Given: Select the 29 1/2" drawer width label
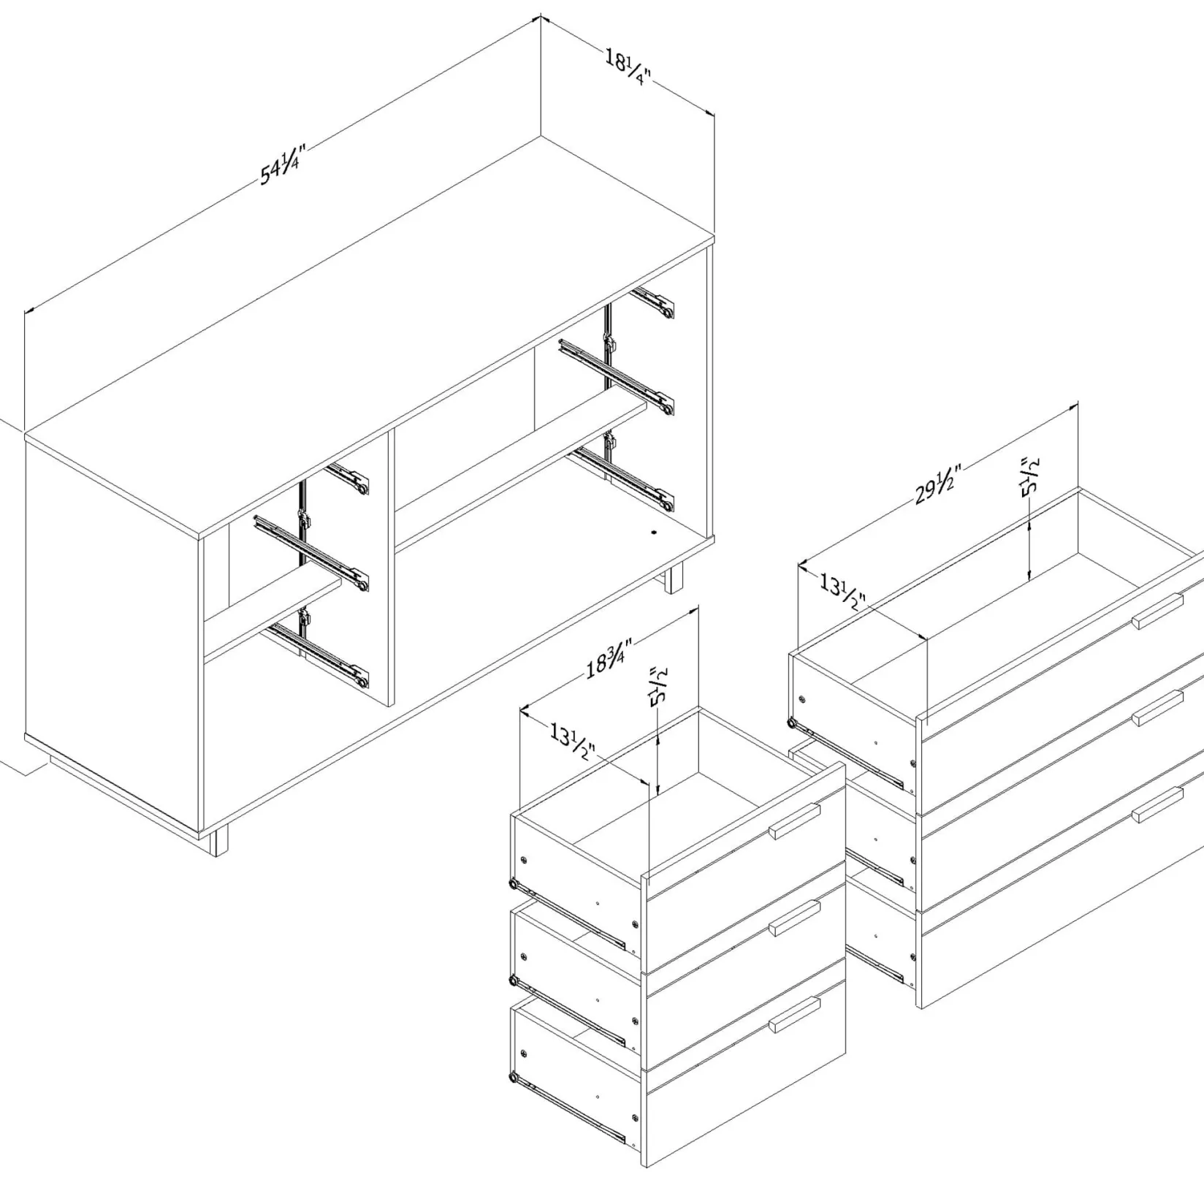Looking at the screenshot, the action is click(x=935, y=484).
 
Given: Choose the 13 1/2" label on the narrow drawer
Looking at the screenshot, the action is click(x=574, y=740).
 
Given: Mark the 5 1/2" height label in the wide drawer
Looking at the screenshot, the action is click(x=1030, y=477).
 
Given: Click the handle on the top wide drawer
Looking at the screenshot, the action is click(x=1158, y=610).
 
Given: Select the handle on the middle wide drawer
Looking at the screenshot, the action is click(x=1158, y=707).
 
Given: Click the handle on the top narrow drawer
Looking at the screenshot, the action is click(x=795, y=821).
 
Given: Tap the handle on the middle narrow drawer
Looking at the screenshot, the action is click(x=795, y=918).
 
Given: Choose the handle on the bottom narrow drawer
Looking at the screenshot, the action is click(x=795, y=1015).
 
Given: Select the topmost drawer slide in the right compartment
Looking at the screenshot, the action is click(x=652, y=303).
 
